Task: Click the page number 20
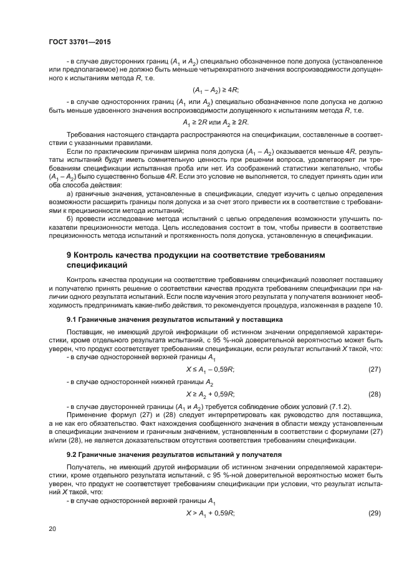click(53, 528)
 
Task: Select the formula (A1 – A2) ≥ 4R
click(216, 90)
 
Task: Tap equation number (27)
click(374, 369)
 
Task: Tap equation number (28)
click(374, 394)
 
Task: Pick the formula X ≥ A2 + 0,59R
click(210, 394)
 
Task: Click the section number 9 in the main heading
click(69, 256)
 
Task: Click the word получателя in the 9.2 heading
click(258, 455)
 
